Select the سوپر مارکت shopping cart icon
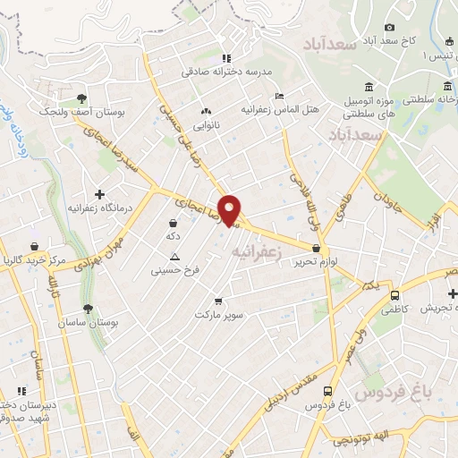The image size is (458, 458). [x=218, y=301]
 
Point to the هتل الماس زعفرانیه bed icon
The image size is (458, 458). [x=280, y=96]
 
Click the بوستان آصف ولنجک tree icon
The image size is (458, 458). [x=81, y=98]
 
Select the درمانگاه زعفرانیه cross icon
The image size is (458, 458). [x=99, y=194]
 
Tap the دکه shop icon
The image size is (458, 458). [x=172, y=222]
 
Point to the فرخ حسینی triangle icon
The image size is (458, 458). [x=174, y=256]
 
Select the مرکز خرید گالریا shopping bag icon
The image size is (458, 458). [x=33, y=246]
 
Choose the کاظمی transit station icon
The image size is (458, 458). [x=394, y=296]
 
